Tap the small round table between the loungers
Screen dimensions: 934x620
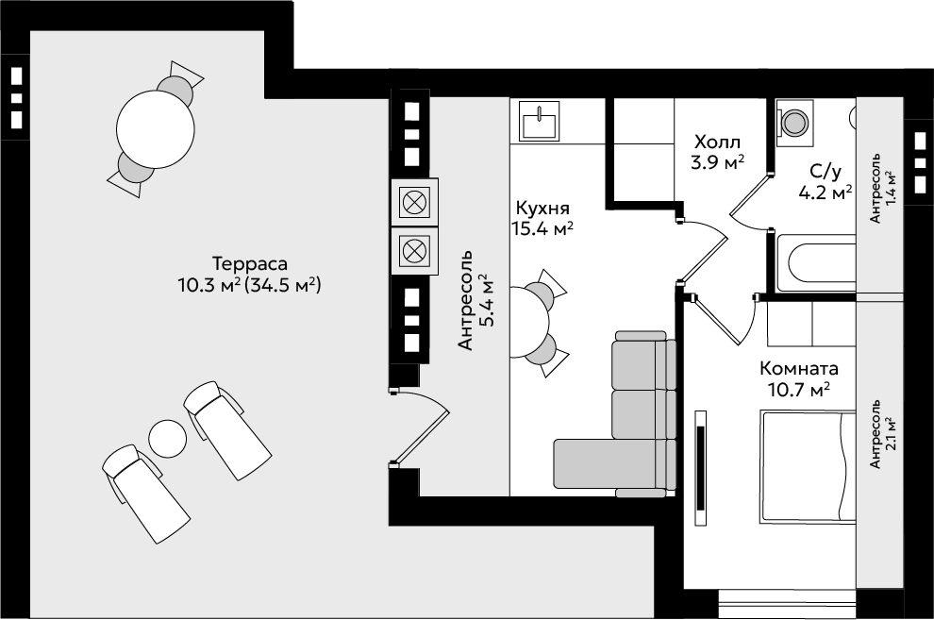(x=167, y=439)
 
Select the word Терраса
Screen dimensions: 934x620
(x=250, y=263)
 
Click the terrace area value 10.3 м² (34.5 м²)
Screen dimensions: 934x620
(x=250, y=285)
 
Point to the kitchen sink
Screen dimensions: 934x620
(x=540, y=121)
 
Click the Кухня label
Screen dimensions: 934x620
(x=542, y=208)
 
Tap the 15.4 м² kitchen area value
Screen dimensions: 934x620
(x=542, y=228)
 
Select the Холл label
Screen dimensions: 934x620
(x=718, y=142)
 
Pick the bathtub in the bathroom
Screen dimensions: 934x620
(x=815, y=262)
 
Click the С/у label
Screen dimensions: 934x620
(x=825, y=172)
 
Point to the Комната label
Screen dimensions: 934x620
(x=799, y=369)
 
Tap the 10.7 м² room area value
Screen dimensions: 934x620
(x=799, y=390)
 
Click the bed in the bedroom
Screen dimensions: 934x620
(x=808, y=466)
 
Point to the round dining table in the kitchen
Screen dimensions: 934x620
(x=529, y=322)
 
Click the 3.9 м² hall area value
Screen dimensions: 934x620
(x=718, y=162)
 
